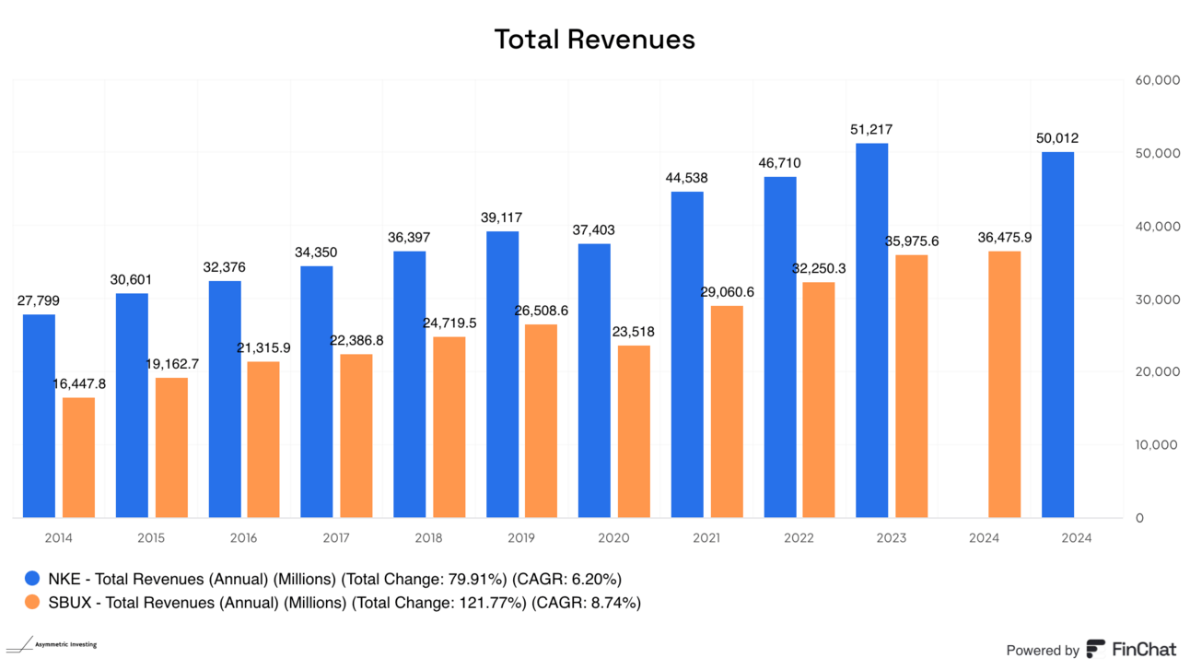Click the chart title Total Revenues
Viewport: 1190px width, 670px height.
point(594,39)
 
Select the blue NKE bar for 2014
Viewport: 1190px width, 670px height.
point(39,416)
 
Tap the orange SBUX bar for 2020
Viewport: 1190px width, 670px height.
point(634,431)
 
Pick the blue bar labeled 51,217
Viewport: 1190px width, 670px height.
point(872,330)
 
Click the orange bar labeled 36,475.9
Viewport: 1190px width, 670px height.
point(1004,384)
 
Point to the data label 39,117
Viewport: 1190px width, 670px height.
point(502,218)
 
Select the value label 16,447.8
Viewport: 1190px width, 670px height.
point(79,384)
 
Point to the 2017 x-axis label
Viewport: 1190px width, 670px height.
point(336,538)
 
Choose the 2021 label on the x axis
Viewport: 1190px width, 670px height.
point(706,538)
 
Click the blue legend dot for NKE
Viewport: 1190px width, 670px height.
point(33,580)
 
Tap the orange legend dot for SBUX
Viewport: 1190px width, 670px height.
point(33,603)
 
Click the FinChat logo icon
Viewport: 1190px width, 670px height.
point(1096,650)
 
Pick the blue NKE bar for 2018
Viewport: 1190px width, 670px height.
point(409,384)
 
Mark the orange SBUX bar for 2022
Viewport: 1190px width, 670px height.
point(819,400)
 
